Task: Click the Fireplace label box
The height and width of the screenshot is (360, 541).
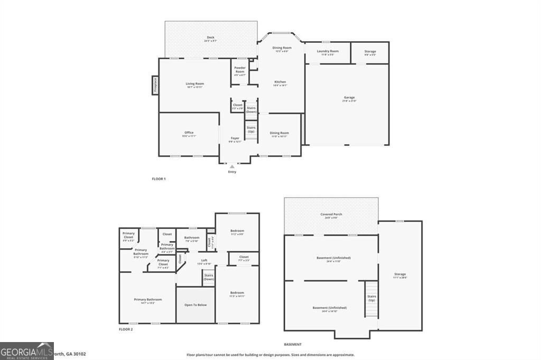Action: pos(155,85)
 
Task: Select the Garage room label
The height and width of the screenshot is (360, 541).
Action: pos(349,98)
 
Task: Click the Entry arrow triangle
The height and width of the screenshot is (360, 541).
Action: pos(232,167)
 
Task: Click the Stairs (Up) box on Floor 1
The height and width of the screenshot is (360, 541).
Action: pos(251,129)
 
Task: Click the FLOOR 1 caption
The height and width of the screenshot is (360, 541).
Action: pos(158,179)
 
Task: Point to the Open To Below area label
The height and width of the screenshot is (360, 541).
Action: pos(195,305)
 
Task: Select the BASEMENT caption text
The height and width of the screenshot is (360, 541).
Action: pos(293,344)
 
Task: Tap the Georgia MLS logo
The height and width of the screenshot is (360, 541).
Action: pos(27,350)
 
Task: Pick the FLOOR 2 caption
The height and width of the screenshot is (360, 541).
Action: pos(126,329)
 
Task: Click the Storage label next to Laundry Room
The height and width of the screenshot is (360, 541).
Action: pos(370,52)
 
